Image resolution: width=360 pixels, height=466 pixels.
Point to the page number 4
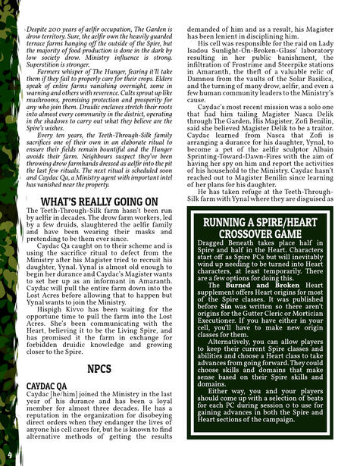pyautogui.click(x=10, y=455)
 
